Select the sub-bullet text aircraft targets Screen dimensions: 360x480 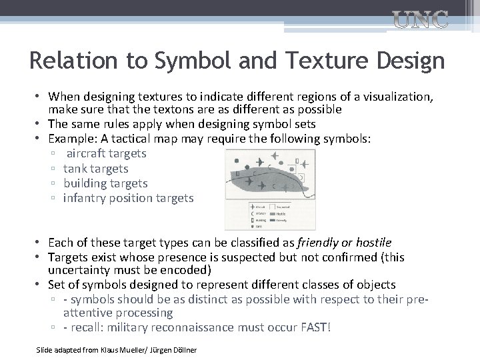tap(106, 153)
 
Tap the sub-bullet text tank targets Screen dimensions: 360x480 tap(95, 169)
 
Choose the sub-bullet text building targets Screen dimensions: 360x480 tap(105, 183)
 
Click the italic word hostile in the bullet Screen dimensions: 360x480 tap(373, 243)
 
